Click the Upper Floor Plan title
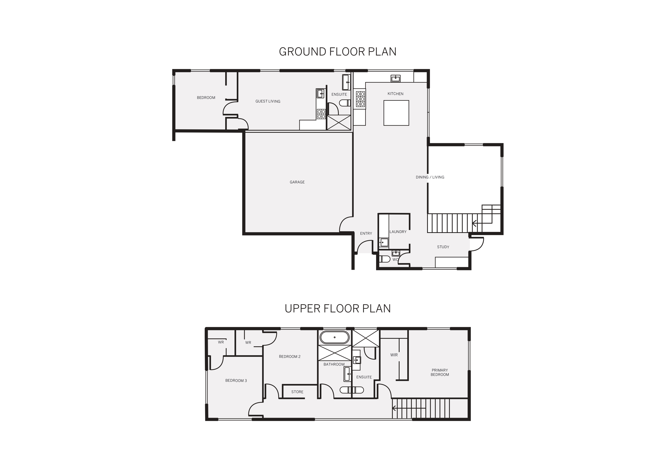click(x=338, y=309)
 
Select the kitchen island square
click(x=396, y=113)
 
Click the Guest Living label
click(x=268, y=101)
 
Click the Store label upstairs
click(x=297, y=392)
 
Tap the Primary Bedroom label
click(x=439, y=372)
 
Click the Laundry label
click(x=398, y=231)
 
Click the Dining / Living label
click(x=430, y=177)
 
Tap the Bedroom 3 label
click(x=236, y=381)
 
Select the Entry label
click(x=366, y=233)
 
